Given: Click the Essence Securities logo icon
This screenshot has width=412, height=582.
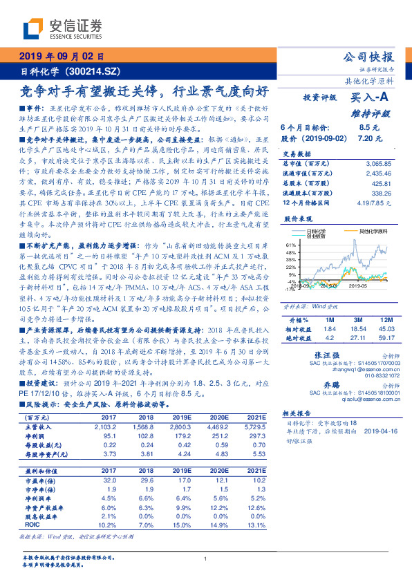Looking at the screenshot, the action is pos(31,29).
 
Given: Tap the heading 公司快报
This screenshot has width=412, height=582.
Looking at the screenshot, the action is pos(369,57).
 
